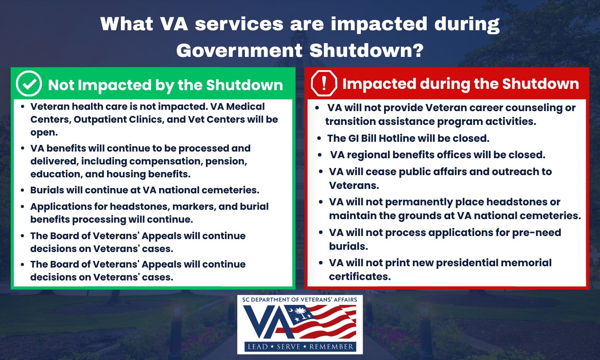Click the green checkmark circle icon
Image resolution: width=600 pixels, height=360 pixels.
[x=28, y=84]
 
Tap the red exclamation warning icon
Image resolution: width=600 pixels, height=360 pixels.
[x=324, y=83]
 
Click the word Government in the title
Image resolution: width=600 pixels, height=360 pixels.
[x=239, y=50]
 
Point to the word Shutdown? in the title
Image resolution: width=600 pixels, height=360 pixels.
[x=367, y=50]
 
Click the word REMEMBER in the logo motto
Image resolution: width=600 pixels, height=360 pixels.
[x=332, y=347]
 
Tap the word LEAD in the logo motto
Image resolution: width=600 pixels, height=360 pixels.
[x=258, y=347]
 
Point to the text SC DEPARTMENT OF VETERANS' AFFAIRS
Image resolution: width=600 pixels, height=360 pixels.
[x=300, y=300]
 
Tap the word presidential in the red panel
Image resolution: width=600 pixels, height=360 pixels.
[x=467, y=263]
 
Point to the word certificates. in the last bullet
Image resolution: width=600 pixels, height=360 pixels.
[x=360, y=276]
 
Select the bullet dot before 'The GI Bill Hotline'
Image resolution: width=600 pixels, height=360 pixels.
[x=319, y=139]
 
